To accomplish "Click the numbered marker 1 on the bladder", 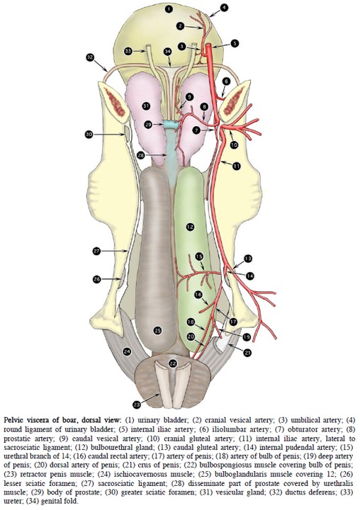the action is tap(168, 9).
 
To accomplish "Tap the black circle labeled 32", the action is tap(90, 57).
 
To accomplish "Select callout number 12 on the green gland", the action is tap(190, 227).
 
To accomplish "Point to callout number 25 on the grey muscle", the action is tap(157, 331).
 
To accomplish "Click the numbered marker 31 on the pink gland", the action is tap(146, 106).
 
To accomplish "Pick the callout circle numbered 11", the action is tap(236, 166).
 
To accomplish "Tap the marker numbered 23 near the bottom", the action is tap(137, 404).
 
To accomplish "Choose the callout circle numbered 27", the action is tap(96, 251).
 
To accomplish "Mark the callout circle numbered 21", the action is tap(248, 352).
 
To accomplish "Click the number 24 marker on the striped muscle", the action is tap(127, 351).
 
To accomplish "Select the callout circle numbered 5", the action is tap(235, 43).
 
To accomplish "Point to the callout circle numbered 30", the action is tap(89, 134).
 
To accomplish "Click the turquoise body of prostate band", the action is tap(171, 124).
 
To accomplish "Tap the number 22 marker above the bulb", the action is tap(173, 363).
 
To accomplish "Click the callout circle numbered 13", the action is tap(248, 259).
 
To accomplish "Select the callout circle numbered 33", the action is tap(128, 51).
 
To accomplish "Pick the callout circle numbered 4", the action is tap(224, 7).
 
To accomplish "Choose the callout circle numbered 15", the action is tap(199, 256).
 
